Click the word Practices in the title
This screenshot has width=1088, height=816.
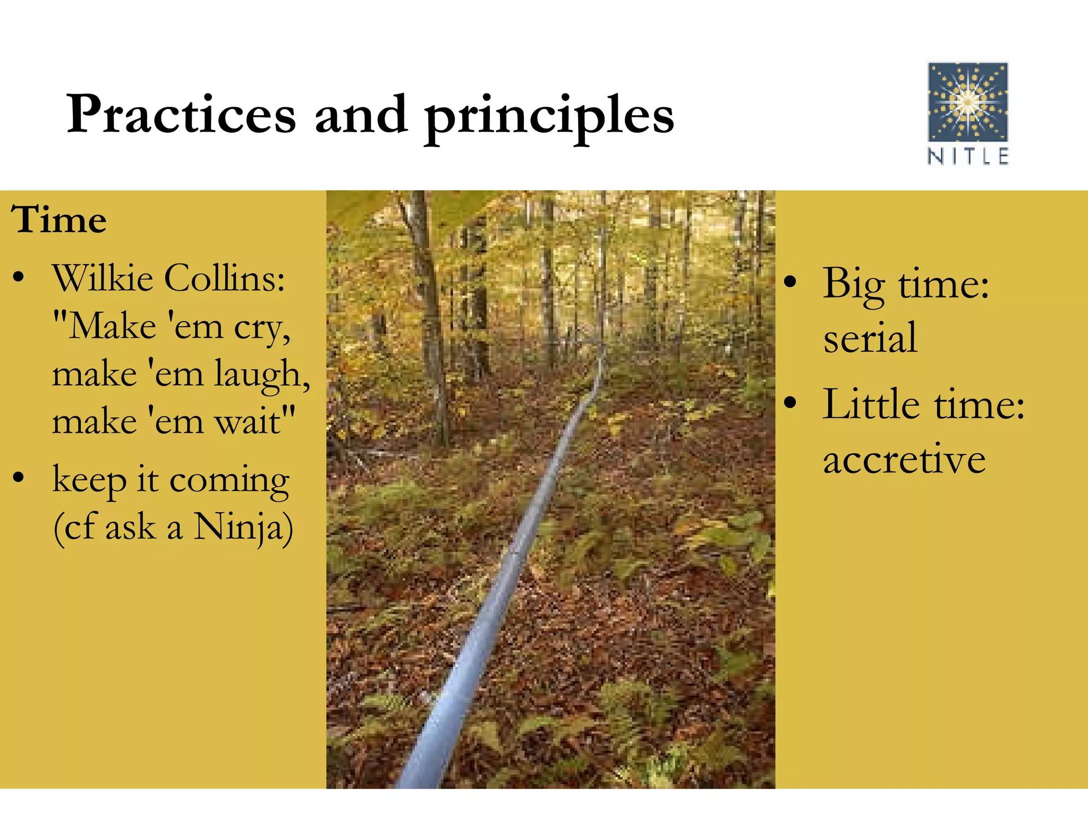click(x=181, y=115)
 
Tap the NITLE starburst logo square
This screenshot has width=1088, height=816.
click(x=967, y=102)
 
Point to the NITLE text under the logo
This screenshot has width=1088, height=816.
click(x=967, y=157)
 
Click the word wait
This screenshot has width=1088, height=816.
click(x=250, y=422)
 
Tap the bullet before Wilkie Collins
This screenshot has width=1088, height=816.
click(x=19, y=277)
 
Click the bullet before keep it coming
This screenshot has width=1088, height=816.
click(x=19, y=478)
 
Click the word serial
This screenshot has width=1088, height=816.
click(x=870, y=338)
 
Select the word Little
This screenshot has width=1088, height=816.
click(x=871, y=405)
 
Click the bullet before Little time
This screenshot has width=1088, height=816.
click(x=790, y=403)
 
